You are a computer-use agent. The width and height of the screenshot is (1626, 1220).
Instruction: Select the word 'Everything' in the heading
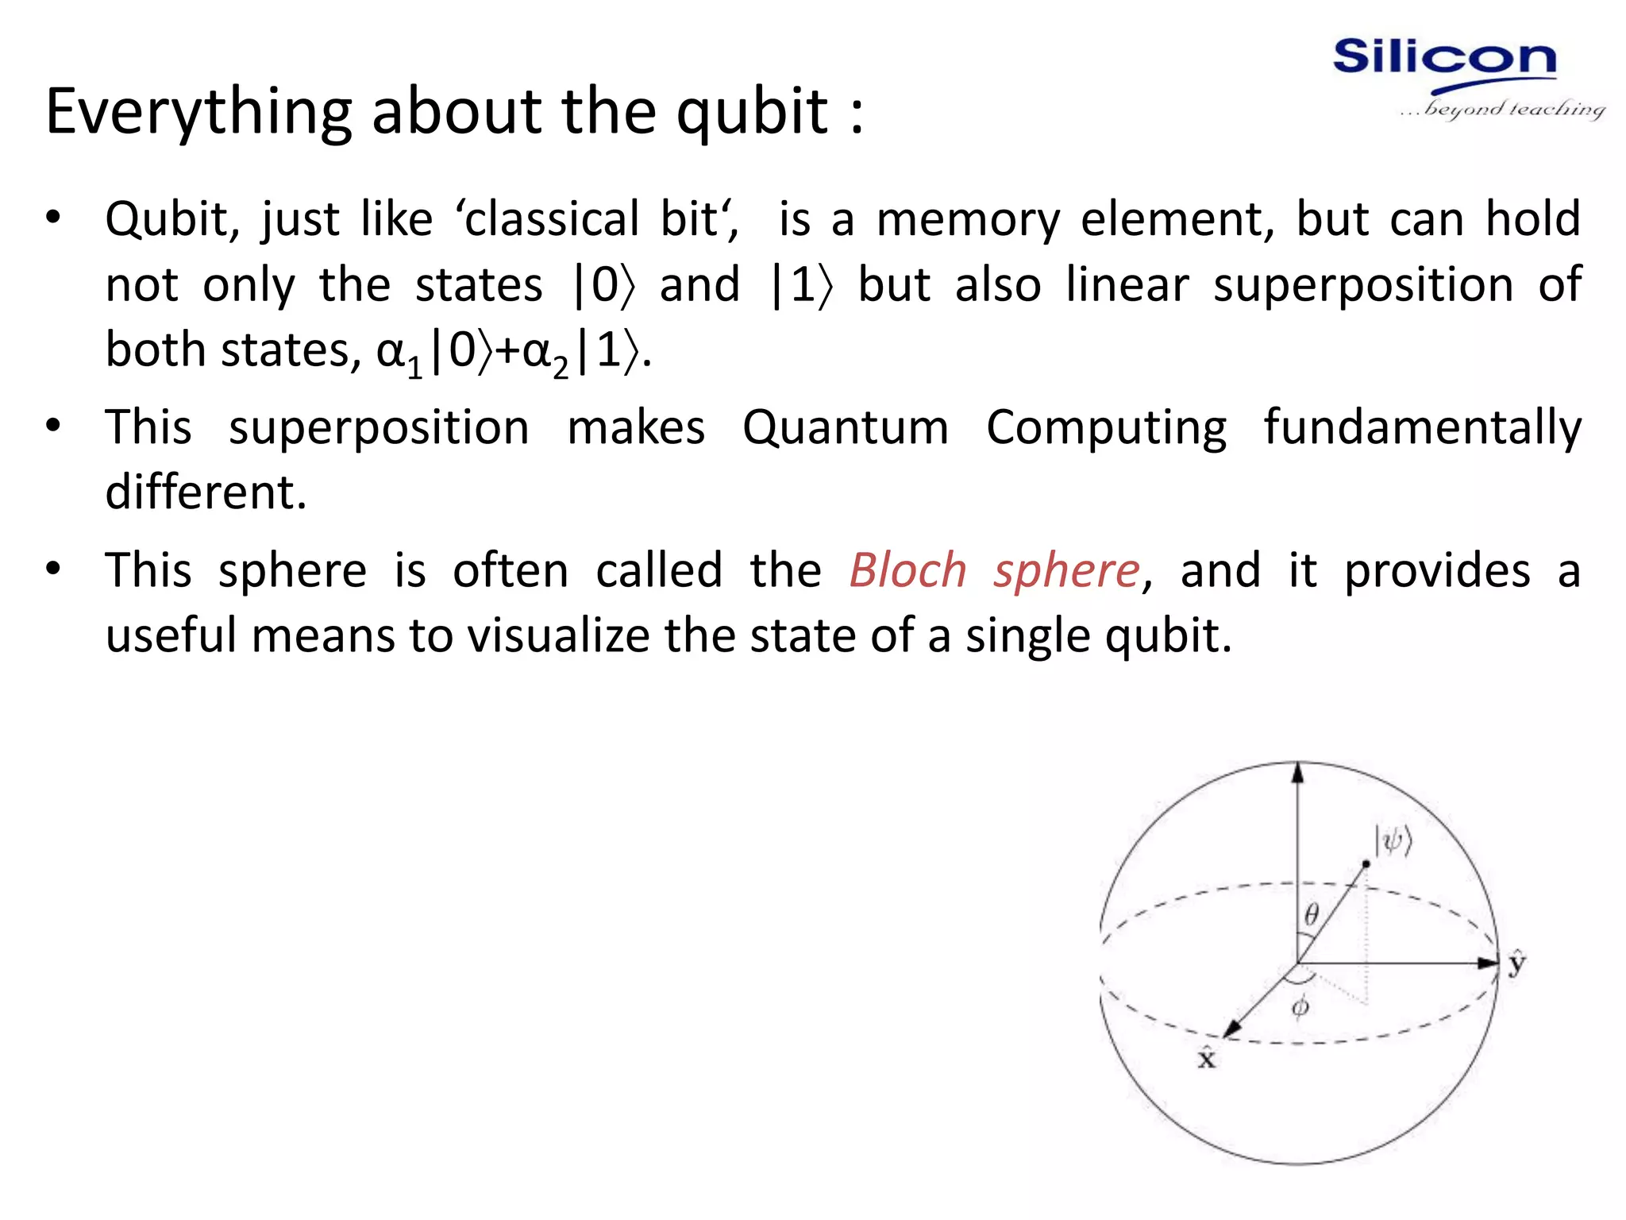(x=198, y=113)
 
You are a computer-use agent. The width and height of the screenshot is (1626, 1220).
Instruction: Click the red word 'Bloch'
(x=907, y=571)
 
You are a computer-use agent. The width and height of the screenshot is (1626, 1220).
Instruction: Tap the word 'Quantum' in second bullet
(x=846, y=428)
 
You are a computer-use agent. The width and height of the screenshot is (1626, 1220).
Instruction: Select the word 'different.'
(x=206, y=492)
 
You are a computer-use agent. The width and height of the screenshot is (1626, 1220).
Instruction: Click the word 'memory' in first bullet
(x=968, y=220)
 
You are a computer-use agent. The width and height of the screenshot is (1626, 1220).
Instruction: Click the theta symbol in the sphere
(x=1312, y=915)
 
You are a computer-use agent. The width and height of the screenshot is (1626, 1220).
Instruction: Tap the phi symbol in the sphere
(x=1300, y=1007)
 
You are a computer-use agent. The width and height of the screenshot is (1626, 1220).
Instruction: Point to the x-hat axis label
(x=1207, y=1059)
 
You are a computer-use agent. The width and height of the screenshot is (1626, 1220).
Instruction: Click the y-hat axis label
(x=1517, y=963)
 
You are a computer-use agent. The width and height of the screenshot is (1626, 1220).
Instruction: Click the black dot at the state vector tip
(x=1366, y=863)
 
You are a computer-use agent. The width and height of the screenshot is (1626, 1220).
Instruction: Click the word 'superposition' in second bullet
(x=379, y=428)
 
